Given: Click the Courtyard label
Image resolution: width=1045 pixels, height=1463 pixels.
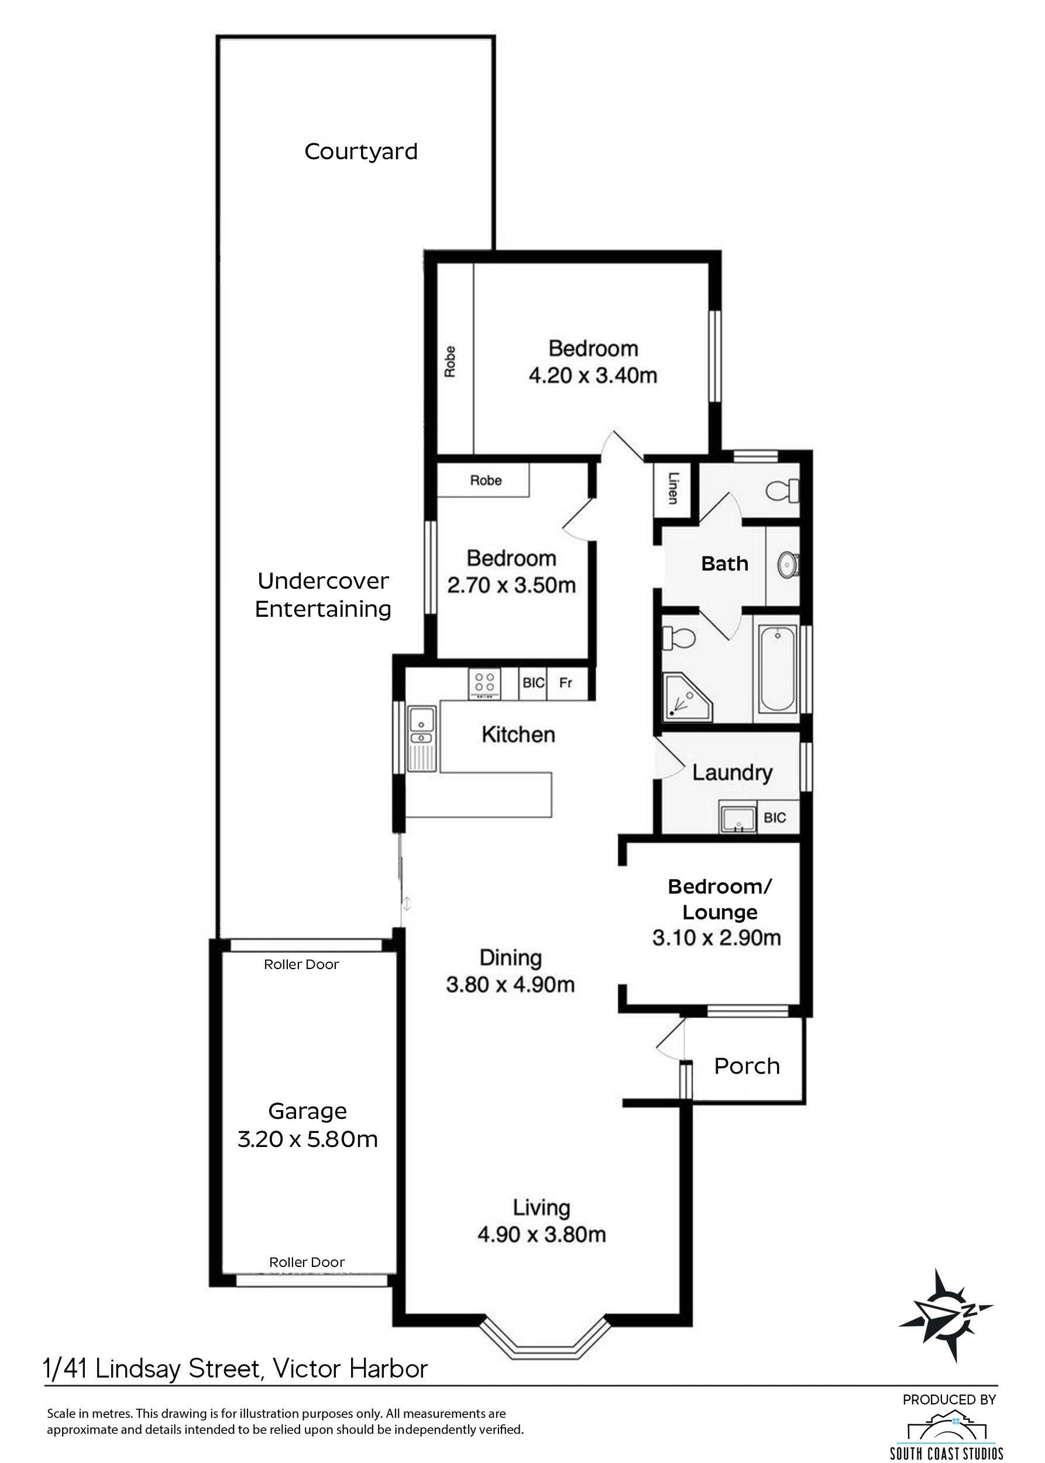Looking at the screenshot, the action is [361, 152].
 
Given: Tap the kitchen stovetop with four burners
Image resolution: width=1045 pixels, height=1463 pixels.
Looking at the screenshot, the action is [485, 685].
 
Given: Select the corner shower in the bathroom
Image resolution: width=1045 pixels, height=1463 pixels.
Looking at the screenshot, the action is [688, 697].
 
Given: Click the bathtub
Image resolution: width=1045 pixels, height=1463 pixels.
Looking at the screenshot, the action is [779, 669].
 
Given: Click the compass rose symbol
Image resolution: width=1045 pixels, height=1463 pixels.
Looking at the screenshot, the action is [946, 1316].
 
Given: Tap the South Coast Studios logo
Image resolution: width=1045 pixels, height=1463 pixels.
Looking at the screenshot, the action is [946, 1429].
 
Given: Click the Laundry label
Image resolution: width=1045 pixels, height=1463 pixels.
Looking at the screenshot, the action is [733, 773].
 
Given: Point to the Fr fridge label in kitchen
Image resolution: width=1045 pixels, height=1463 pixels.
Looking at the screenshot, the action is [566, 683].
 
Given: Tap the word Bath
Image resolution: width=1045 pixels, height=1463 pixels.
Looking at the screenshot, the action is [724, 564].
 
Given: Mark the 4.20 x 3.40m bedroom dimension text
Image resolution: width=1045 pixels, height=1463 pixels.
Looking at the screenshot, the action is [593, 375].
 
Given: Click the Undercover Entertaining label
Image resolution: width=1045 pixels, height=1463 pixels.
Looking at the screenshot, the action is [323, 595].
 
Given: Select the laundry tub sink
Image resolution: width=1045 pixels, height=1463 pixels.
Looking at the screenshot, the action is [738, 818].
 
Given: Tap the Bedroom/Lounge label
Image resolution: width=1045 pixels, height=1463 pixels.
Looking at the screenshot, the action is [720, 899].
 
